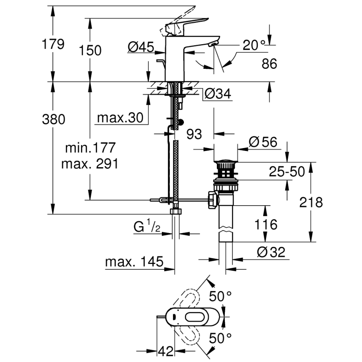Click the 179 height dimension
tap(53, 44)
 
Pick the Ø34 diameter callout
tap(217, 94)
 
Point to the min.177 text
tap(90, 147)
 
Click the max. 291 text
tap(90, 163)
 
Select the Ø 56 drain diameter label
tap(263, 142)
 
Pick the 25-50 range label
tap(287, 171)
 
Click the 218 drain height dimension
tap(311, 202)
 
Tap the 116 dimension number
tap(266, 225)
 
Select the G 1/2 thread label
tap(147, 228)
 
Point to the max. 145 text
tap(133, 262)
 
